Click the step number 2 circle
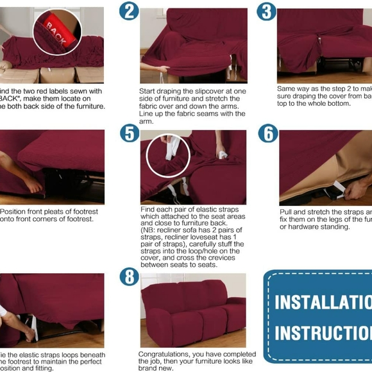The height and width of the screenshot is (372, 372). pyautogui.click(x=129, y=10)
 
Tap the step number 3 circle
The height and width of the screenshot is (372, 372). pyautogui.click(x=266, y=11)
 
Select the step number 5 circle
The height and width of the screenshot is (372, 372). pyautogui.click(x=129, y=133)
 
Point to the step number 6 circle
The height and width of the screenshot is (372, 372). pyautogui.click(x=267, y=133)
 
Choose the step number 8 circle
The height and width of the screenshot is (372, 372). pyautogui.click(x=129, y=276)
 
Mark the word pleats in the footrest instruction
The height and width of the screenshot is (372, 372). pyautogui.click(x=55, y=211)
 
